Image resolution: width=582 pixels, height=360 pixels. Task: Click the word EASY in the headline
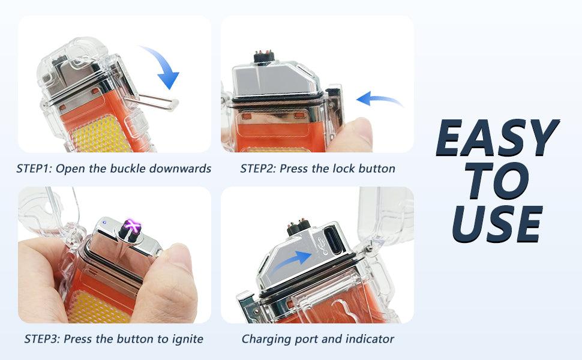(x=497, y=137)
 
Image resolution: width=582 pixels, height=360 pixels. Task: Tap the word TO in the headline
(x=497, y=181)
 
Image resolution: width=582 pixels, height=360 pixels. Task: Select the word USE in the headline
(x=497, y=224)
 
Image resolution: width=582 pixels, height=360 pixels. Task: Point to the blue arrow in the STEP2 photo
(x=379, y=99)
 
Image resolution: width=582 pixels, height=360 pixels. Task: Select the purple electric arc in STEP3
(x=132, y=225)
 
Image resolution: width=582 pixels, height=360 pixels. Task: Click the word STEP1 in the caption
(x=35, y=169)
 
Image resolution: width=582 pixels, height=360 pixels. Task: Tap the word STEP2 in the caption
(x=259, y=169)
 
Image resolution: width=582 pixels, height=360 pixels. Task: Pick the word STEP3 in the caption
(x=42, y=339)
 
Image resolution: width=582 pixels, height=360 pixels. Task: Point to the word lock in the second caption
(x=341, y=169)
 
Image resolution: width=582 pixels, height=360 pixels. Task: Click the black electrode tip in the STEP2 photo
(x=264, y=56)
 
